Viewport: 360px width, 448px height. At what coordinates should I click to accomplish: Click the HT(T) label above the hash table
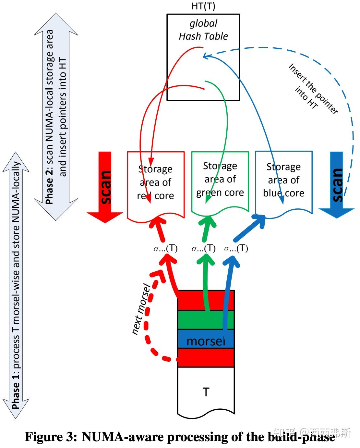(x=203, y=6)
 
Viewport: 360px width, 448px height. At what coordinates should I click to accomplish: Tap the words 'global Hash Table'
(x=203, y=30)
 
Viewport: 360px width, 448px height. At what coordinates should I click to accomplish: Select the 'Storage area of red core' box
(x=156, y=182)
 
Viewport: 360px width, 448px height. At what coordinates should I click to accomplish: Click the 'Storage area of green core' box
(x=220, y=180)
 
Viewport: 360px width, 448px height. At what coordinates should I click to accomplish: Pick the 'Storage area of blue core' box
(x=283, y=180)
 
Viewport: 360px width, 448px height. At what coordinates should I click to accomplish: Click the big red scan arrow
(x=105, y=187)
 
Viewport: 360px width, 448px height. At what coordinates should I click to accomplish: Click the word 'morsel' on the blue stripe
(x=206, y=341)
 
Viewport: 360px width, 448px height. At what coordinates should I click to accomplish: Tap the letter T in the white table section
(x=206, y=392)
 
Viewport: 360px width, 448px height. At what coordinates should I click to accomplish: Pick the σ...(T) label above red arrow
(x=165, y=249)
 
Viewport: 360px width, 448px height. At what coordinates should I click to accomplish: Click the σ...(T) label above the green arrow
(x=204, y=249)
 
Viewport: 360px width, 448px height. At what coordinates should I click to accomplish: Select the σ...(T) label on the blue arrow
(x=236, y=249)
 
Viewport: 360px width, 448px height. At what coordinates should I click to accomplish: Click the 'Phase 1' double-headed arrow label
(x=16, y=391)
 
